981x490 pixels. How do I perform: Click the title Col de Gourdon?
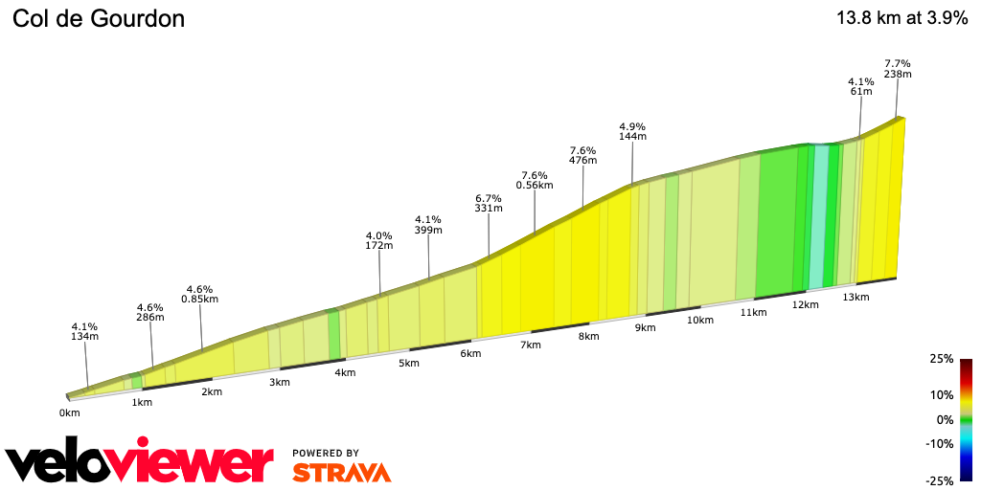(98, 18)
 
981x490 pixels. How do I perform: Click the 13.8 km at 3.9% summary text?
(901, 18)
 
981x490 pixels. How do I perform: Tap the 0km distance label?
(69, 412)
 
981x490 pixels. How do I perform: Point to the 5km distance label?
(409, 363)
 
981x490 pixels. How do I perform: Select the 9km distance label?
(645, 327)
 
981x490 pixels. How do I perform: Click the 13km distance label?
(856, 297)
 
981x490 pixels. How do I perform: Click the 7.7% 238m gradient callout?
(898, 68)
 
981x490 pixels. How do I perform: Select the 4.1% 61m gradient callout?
(861, 86)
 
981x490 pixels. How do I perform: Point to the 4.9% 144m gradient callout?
(632, 131)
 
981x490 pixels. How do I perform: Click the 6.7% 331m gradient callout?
(489, 202)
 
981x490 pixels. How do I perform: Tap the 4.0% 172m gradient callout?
(379, 240)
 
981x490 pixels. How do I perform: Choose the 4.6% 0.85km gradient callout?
(199, 294)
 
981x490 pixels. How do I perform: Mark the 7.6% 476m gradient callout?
(582, 155)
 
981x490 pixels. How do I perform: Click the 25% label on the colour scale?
(942, 359)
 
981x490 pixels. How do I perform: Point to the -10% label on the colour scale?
(940, 443)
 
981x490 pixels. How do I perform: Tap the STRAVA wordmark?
(341, 472)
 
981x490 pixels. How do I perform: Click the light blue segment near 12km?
(818, 215)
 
